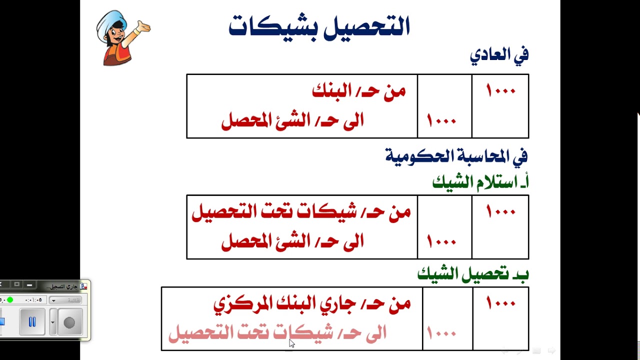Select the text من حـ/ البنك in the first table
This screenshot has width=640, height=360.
point(358,91)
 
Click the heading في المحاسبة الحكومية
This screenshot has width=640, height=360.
point(456,156)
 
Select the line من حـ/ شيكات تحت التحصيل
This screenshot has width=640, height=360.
point(301,212)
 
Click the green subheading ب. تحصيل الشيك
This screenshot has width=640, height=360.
point(473,274)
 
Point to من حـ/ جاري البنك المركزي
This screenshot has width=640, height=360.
point(312,303)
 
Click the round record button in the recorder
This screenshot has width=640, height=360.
point(69,322)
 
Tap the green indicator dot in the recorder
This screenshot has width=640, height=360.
point(10,300)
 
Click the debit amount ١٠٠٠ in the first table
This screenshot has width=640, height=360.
point(500,91)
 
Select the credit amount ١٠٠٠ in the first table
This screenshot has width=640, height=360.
point(441,120)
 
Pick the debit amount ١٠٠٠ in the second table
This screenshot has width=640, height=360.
point(500,212)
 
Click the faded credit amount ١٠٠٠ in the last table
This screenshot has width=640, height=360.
point(441,333)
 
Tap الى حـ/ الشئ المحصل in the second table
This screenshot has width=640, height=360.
point(292,242)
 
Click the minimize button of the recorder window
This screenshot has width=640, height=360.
point(29,284)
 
